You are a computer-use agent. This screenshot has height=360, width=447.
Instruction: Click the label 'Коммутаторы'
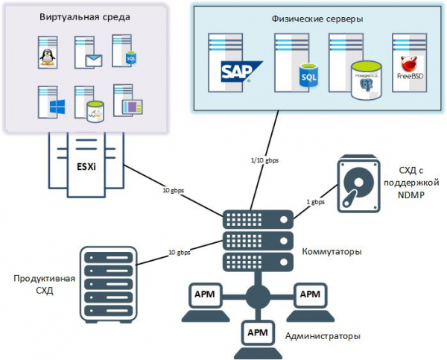click(x=332, y=252)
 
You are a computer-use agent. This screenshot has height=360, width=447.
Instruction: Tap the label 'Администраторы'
click(x=323, y=336)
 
